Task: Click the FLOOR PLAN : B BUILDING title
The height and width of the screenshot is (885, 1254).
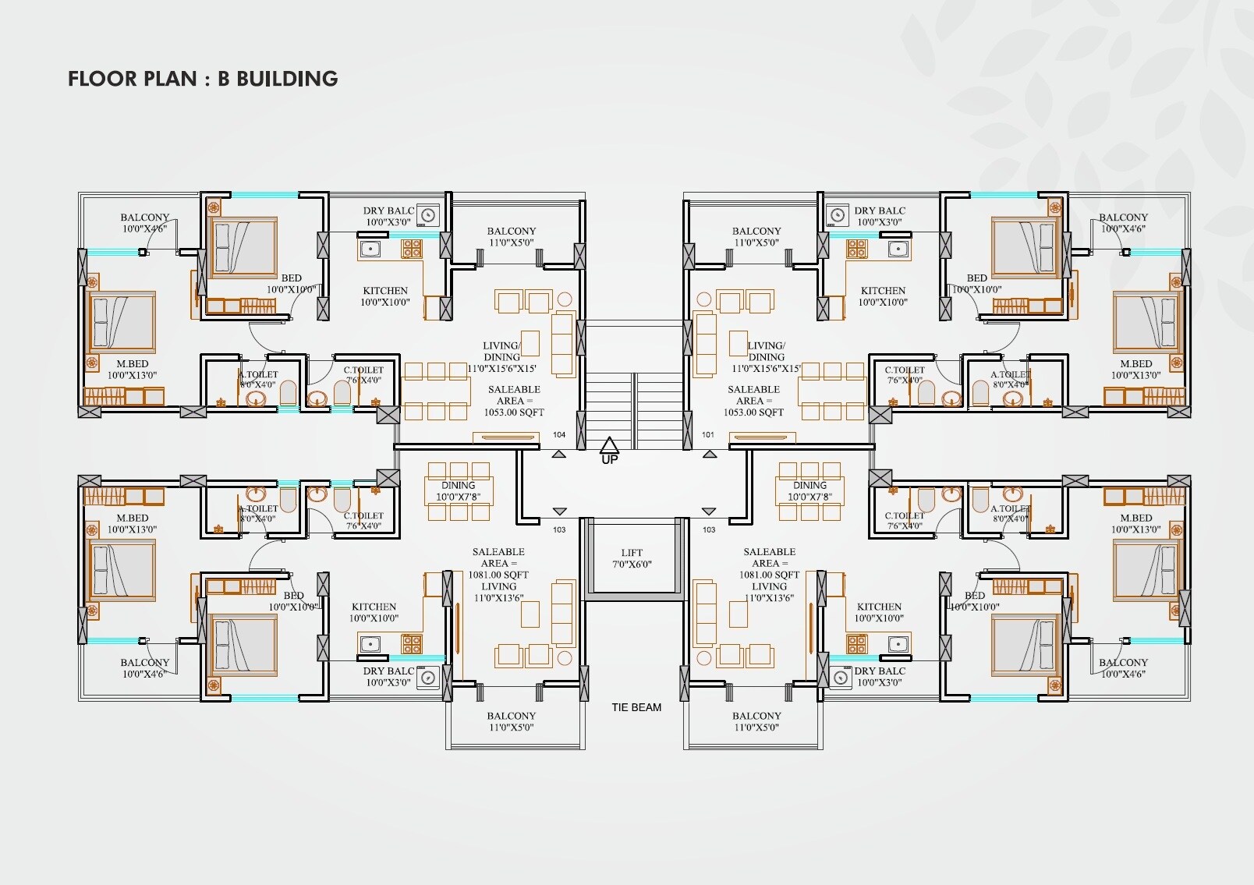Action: click(203, 79)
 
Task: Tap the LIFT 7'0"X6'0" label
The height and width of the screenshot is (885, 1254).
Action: click(632, 558)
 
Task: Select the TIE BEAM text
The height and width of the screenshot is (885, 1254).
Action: click(636, 707)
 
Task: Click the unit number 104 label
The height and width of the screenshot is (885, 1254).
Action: click(559, 435)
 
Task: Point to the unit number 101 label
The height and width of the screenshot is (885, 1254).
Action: click(708, 435)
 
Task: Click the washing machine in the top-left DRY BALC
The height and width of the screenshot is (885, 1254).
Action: click(427, 214)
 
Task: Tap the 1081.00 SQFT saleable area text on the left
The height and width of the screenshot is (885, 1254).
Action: click(498, 575)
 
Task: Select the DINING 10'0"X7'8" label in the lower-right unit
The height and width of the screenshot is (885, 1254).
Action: click(809, 490)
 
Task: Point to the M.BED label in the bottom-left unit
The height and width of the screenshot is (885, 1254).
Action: click(132, 523)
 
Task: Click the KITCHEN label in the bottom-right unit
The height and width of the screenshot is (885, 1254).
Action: click(879, 612)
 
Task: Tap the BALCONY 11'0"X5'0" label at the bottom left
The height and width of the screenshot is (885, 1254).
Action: click(511, 721)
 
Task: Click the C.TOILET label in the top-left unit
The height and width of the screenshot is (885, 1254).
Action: click(363, 375)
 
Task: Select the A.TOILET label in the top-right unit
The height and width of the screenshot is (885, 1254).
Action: click(1011, 379)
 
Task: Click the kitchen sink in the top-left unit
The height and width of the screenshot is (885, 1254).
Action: click(370, 250)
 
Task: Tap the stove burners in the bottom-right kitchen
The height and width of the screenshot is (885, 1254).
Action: click(857, 644)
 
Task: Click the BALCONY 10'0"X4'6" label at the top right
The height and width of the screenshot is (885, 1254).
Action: click(1123, 223)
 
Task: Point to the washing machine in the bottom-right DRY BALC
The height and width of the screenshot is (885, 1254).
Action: click(840, 677)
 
